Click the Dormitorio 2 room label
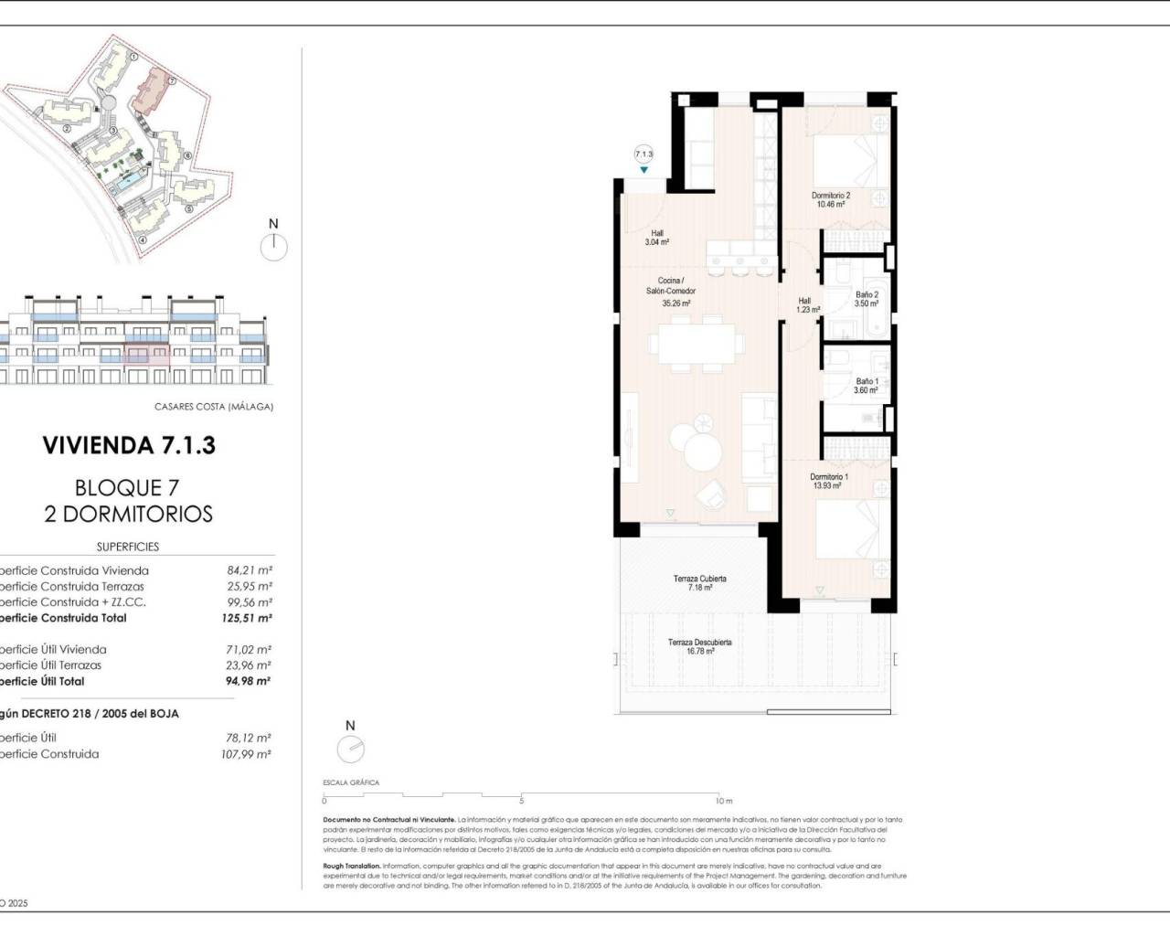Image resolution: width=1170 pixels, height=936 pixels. pos(831,200)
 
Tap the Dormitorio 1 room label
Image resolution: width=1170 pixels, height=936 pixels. pos(828,482)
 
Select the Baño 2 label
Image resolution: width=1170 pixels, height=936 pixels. pos(867,299)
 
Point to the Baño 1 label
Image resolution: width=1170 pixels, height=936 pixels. pos(867,386)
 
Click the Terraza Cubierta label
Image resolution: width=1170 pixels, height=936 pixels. pos(699,583)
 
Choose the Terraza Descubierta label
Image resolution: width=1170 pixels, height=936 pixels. pos(699,647)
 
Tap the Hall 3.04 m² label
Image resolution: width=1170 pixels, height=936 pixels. pos(657,238)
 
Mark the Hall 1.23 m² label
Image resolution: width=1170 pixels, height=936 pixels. pos(806,305)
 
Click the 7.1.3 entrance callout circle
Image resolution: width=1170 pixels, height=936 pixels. pos(644,154)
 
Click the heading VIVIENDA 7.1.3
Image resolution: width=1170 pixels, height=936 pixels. pos(129,446)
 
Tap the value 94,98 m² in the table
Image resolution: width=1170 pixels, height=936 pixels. pos(249,681)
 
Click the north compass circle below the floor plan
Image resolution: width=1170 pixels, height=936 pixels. pos(350,750)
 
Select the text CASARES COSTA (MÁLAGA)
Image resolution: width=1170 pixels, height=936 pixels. pos(214,407)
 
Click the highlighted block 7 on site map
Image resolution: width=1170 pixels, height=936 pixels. pos(153,93)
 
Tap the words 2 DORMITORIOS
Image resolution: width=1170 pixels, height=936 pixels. pos(129,514)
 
